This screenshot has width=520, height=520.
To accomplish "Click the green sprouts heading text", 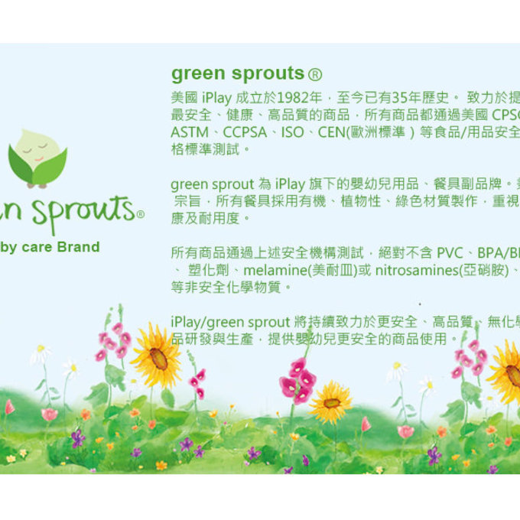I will pos(238,73).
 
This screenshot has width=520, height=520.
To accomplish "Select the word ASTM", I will pos(188,132).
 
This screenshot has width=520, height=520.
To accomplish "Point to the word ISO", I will pos(291,132).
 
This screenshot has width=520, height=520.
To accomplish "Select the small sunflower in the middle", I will pos(330,402).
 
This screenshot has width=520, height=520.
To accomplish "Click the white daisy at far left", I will pos(40,353).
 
